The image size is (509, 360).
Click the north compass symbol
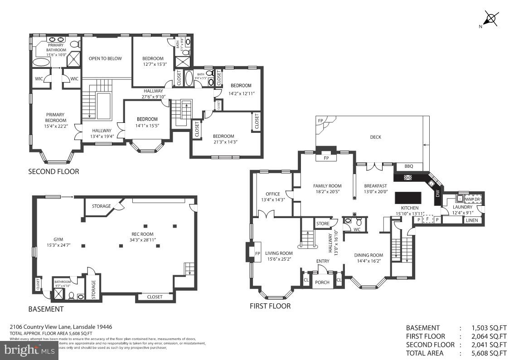pyautogui.click(x=490, y=19)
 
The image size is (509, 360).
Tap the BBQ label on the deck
pyautogui.click(x=408, y=166)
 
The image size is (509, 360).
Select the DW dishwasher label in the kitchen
pyautogui.click(x=437, y=194)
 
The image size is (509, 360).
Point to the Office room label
pyautogui.click(x=273, y=194)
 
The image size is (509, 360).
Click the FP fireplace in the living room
pyautogui.click(x=257, y=253)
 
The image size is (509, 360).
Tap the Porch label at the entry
pyautogui.click(x=322, y=282)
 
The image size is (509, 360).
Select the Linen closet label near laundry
pyautogui.click(x=471, y=220)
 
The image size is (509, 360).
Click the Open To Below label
pyautogui.click(x=105, y=58)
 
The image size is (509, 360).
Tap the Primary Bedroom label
pyautogui.click(x=55, y=117)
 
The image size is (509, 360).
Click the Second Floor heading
pyautogui.click(x=53, y=171)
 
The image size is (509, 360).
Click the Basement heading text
pyautogui.click(x=46, y=309)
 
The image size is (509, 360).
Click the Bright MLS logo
pyautogui.click(x=29, y=350)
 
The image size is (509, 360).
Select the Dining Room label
pyautogui.click(x=368, y=255)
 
